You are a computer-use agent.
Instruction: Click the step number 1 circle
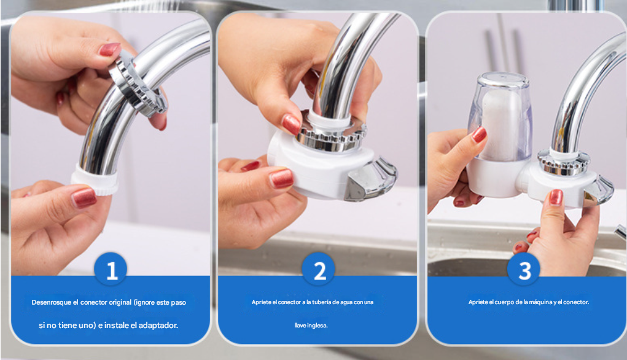(x=111, y=269)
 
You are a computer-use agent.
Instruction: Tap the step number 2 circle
(x=318, y=269)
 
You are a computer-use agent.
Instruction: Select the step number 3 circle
(x=524, y=269)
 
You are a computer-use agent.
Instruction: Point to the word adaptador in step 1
(x=158, y=325)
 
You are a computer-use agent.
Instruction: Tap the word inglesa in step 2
(x=317, y=326)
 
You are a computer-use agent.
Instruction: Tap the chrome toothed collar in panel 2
(x=332, y=138)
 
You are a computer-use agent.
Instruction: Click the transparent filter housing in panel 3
(x=500, y=117)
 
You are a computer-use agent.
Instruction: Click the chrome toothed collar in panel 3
(x=564, y=163)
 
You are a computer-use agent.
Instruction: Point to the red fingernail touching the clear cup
(x=479, y=135)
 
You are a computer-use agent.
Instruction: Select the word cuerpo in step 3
(x=504, y=302)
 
